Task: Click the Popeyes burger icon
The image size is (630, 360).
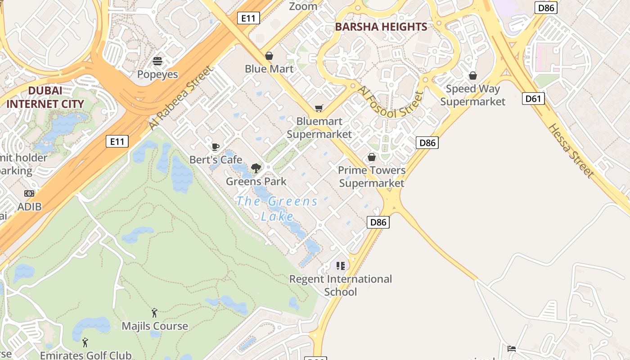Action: [157, 61]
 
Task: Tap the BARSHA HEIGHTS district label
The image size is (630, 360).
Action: [381, 27]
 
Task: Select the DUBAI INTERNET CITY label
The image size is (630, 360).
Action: [45, 97]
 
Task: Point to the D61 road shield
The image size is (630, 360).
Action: [533, 98]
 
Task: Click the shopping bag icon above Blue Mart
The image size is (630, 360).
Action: [269, 56]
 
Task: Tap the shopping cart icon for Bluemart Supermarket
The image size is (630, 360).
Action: [319, 108]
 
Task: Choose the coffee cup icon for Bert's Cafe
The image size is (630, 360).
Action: [216, 147]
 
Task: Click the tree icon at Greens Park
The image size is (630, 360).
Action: [256, 168]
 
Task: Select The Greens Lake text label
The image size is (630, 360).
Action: [277, 208]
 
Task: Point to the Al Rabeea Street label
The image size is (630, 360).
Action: [180, 98]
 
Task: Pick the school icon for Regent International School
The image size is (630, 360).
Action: [340, 265]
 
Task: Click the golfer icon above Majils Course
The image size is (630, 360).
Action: [155, 312]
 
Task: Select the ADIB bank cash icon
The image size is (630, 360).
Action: [29, 193]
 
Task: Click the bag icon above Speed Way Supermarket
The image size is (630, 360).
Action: [472, 76]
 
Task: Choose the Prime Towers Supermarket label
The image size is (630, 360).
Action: [372, 176]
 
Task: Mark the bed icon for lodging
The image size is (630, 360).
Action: [511, 348]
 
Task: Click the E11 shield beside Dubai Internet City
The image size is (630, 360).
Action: [117, 141]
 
